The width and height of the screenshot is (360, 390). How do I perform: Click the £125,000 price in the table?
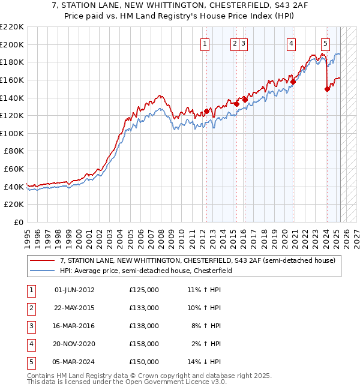click(x=144, y=290)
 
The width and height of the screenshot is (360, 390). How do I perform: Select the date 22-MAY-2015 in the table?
click(x=74, y=308)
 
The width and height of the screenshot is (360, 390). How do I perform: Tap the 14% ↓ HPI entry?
click(x=205, y=362)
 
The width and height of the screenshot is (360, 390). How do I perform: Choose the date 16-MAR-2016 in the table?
click(x=74, y=326)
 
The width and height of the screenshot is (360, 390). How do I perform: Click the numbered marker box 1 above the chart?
click(x=205, y=43)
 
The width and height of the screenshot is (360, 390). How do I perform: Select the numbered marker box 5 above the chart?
click(x=325, y=43)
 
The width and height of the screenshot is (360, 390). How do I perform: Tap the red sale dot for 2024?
click(x=327, y=89)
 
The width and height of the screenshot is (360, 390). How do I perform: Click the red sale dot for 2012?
click(x=206, y=111)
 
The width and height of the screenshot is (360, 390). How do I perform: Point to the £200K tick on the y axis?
click(x=13, y=44)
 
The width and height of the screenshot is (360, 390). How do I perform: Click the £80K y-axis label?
click(x=14, y=151)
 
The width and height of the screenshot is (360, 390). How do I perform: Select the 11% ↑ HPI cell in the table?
click(x=205, y=290)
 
